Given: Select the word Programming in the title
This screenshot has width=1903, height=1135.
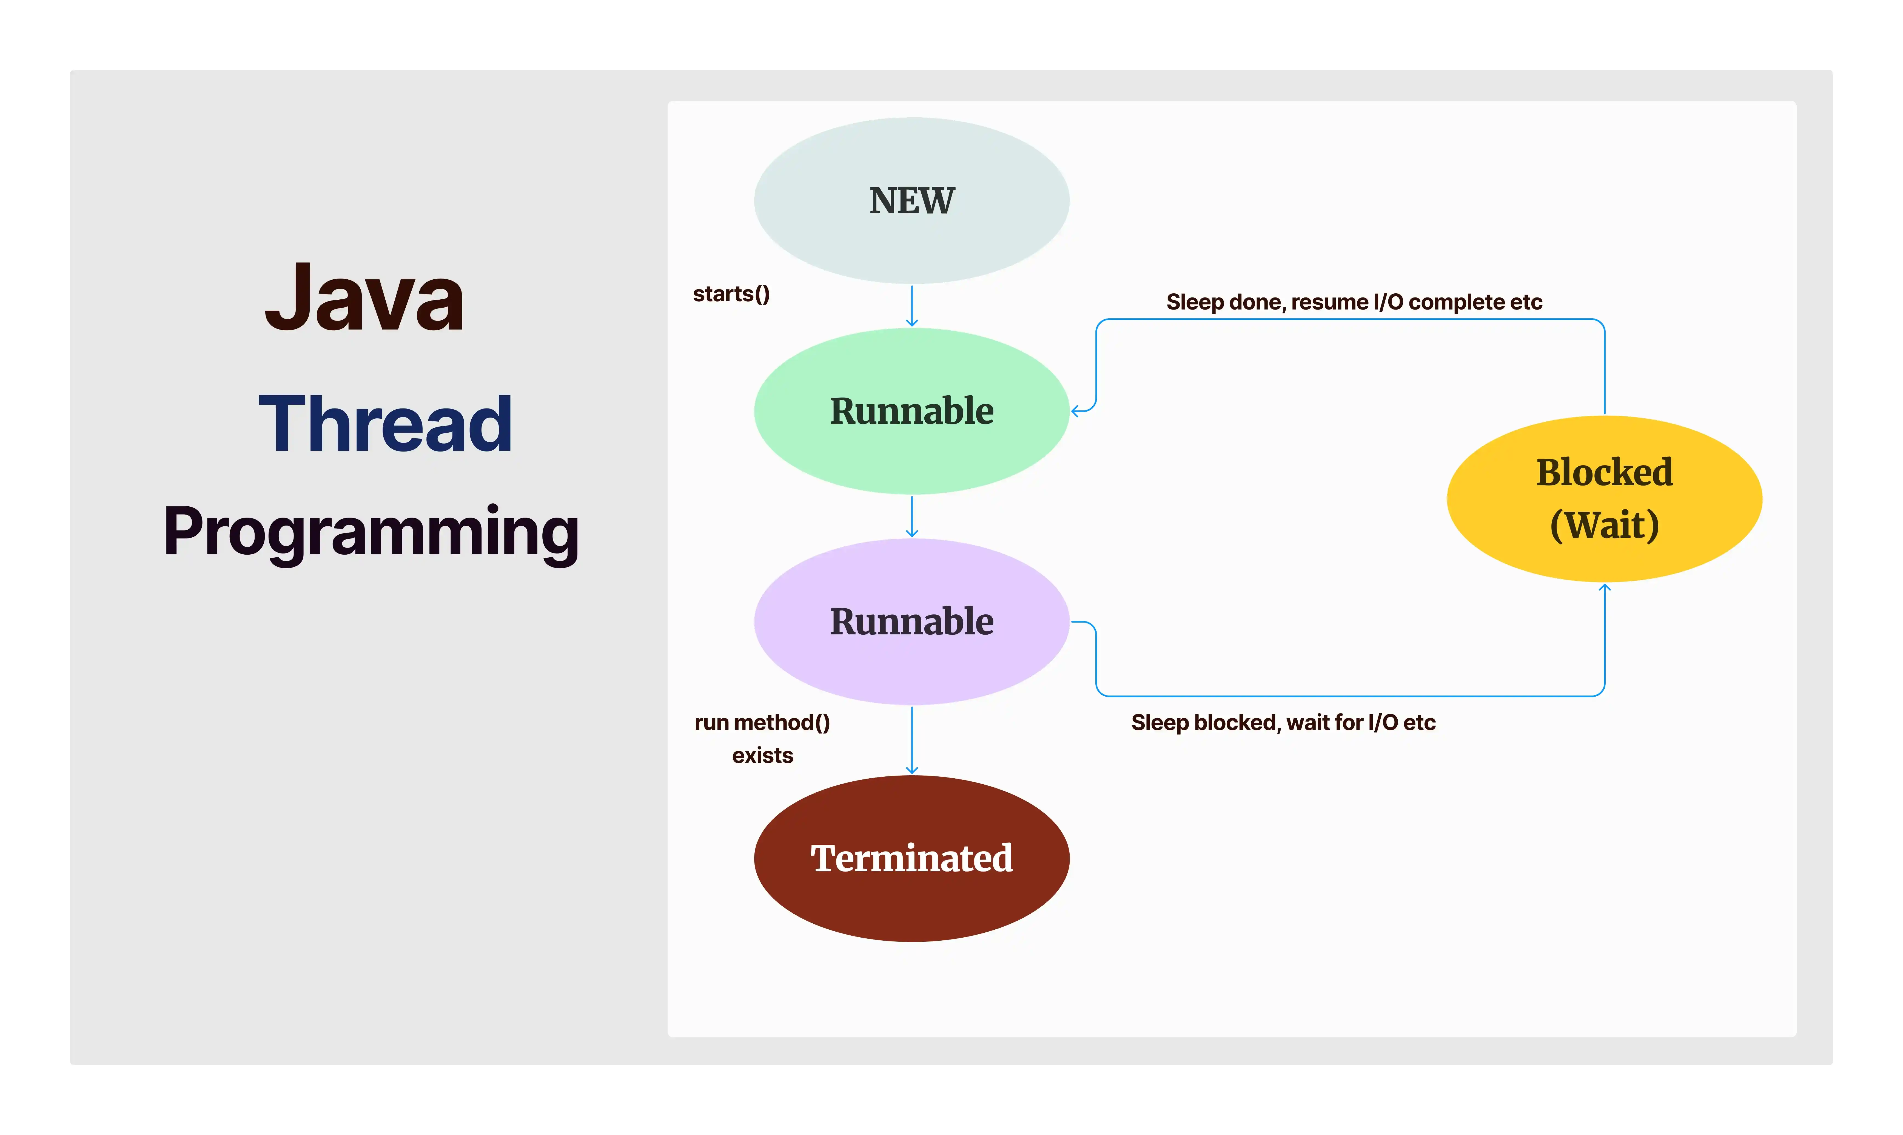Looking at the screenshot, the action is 372,533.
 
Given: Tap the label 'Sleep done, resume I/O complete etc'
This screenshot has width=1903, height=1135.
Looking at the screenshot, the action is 1354,302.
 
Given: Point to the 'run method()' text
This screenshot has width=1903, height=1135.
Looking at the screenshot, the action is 762,723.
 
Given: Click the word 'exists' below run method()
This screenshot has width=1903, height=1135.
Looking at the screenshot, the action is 762,756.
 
